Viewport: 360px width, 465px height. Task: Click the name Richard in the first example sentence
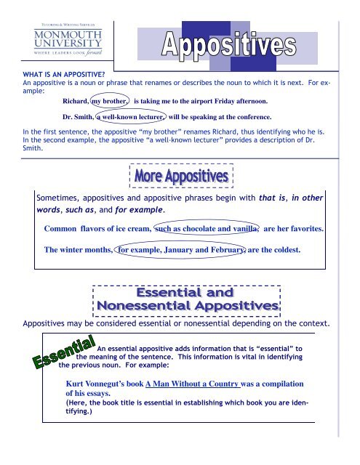(x=75, y=102)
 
